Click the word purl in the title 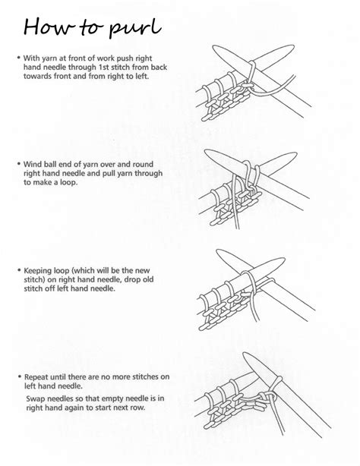pyautogui.click(x=134, y=28)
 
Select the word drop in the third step pyautogui.click(x=140, y=279)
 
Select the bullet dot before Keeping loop pyautogui.click(x=18, y=269)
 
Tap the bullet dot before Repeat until pyautogui.click(x=18, y=376)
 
